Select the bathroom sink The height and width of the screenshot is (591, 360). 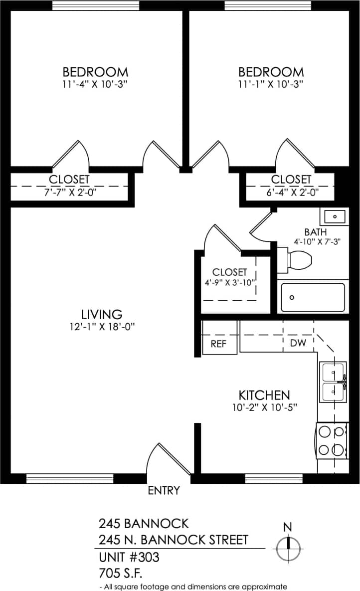[335, 216]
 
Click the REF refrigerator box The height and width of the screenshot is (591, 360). [219, 344]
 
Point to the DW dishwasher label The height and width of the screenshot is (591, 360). [298, 343]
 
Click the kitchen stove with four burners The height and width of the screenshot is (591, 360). [333, 440]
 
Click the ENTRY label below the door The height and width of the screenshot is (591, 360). [164, 491]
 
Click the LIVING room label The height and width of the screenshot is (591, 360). [102, 315]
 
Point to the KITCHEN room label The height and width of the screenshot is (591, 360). [264, 395]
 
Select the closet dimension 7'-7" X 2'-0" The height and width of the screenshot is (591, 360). [69, 192]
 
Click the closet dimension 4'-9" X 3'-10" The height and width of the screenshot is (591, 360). [230, 282]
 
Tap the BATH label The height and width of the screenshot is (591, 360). [316, 232]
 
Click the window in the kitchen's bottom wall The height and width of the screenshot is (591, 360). [274, 478]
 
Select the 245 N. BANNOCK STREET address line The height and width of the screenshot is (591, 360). [173, 540]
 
